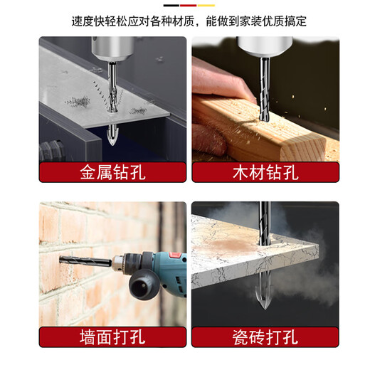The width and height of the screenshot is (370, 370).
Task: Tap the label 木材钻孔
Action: point(265,173)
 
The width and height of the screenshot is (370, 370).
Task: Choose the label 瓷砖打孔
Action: point(265,336)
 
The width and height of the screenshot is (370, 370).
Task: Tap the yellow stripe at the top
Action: point(206,6)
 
